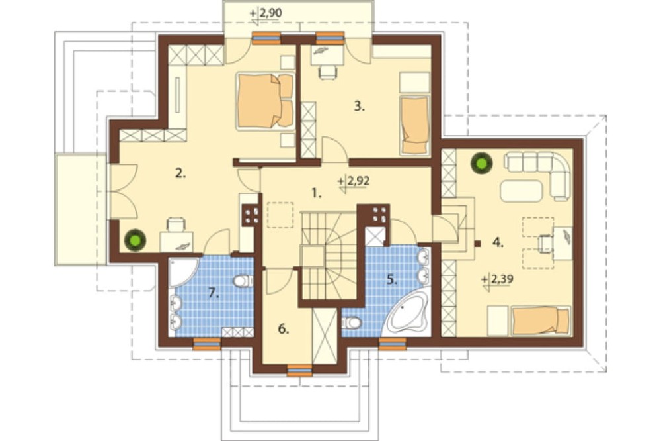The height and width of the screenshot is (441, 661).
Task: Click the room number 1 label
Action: pyautogui.click(x=317, y=194)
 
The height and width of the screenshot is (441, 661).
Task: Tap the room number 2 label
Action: pyautogui.click(x=180, y=173)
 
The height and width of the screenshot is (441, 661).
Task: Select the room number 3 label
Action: pyautogui.click(x=359, y=106)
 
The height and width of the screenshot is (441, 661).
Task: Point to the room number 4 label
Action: pyautogui.click(x=498, y=242)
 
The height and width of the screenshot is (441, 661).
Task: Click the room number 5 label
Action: pyautogui.click(x=392, y=279)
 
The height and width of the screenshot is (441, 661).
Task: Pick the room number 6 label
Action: pyautogui.click(x=284, y=329)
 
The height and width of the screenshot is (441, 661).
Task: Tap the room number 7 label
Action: pyautogui.click(x=214, y=293)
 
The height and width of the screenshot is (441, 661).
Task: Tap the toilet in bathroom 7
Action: pyautogui.click(x=243, y=281)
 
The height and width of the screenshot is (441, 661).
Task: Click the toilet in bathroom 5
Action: pyautogui.click(x=351, y=323)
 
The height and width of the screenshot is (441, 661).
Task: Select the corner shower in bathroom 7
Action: pyautogui.click(x=182, y=272)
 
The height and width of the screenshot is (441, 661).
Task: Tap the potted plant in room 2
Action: pyautogui.click(x=136, y=240)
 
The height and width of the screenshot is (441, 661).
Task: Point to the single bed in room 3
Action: pyautogui.click(x=414, y=125)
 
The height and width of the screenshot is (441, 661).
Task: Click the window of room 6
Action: pyautogui.click(x=299, y=370)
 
